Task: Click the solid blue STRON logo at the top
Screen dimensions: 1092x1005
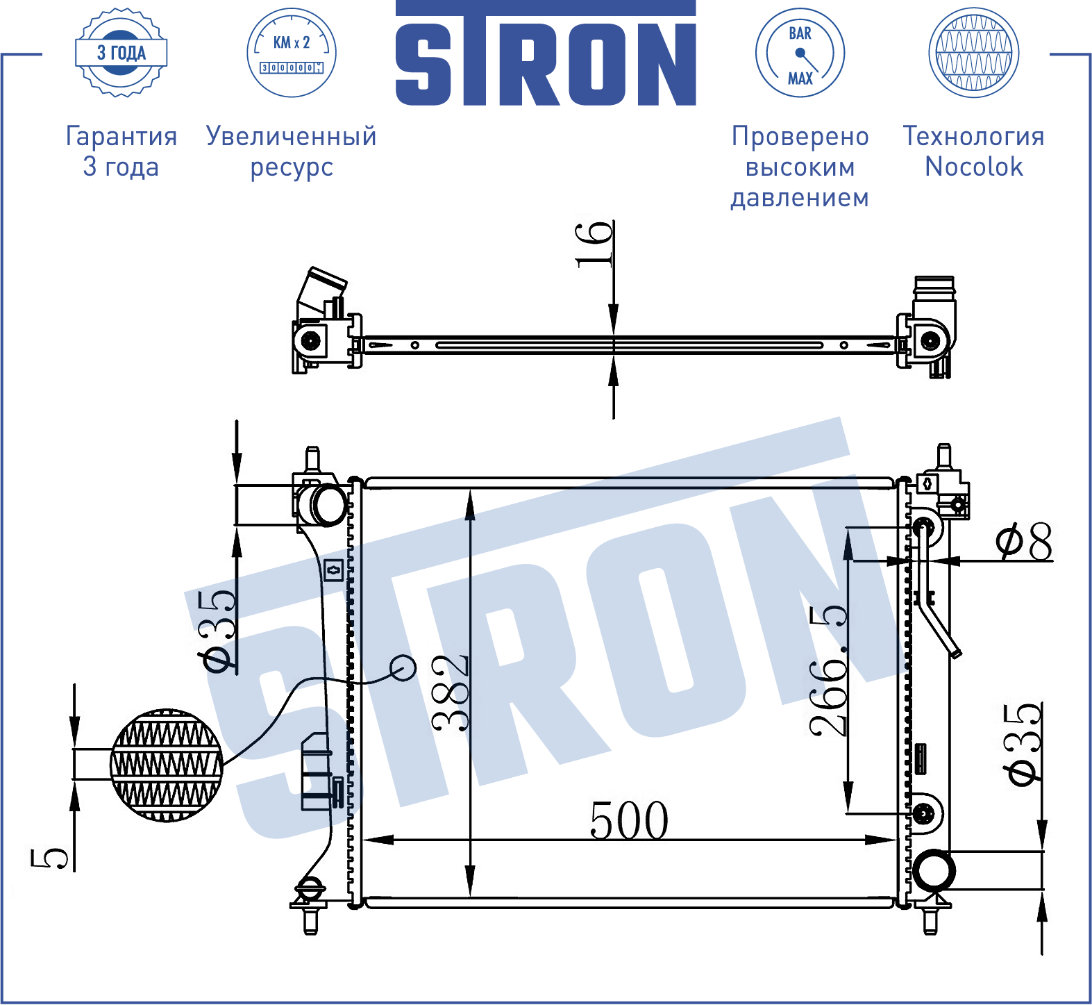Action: click(x=546, y=53)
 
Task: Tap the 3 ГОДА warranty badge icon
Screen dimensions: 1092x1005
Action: click(x=121, y=53)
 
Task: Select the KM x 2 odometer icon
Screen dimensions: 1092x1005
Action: click(x=292, y=53)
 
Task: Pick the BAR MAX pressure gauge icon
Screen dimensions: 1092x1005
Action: click(x=800, y=53)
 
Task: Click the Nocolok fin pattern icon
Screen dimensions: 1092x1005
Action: click(x=973, y=53)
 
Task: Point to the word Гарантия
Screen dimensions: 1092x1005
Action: click(x=121, y=137)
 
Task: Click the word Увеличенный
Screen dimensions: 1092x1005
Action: click(x=292, y=137)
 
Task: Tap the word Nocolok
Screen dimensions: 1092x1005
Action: click(x=974, y=167)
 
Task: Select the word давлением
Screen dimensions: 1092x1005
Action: click(x=800, y=199)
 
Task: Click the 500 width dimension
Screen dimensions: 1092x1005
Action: click(x=629, y=820)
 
